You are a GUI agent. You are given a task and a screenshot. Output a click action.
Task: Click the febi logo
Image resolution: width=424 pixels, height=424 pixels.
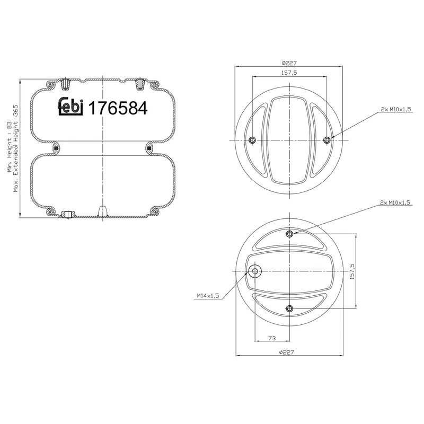coord(70,107)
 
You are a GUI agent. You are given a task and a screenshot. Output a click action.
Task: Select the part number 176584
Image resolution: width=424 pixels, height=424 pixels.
coord(117,108)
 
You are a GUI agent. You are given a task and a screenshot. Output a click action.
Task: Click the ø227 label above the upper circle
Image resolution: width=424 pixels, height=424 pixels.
coord(289,63)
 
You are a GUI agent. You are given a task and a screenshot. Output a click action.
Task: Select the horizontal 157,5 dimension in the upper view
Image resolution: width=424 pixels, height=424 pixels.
coord(289,73)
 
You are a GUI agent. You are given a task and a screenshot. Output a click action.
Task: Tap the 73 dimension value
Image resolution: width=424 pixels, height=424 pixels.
coord(272,337)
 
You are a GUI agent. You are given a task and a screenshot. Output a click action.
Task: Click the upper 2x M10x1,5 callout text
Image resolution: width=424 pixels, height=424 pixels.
coord(395,109)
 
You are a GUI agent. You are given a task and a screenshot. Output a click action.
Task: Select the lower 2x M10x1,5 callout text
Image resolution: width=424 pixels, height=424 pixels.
coord(395,203)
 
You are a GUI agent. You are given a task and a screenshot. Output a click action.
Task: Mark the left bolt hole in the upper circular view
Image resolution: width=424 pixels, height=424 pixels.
coord(252,140)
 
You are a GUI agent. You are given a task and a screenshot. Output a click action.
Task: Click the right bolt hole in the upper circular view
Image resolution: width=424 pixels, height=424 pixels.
coord(326,140)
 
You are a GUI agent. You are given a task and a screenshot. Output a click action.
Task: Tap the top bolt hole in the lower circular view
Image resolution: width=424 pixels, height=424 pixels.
coord(289,234)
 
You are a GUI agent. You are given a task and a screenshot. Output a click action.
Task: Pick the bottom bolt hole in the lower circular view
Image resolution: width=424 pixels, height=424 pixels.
coord(289,308)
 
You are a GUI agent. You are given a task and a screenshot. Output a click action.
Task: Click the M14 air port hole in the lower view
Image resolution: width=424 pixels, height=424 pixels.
coord(255,272)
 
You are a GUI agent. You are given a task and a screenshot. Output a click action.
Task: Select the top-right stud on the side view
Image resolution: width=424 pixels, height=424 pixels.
coord(140,83)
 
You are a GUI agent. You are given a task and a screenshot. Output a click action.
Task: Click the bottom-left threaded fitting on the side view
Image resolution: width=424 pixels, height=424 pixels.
coord(66,215)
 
